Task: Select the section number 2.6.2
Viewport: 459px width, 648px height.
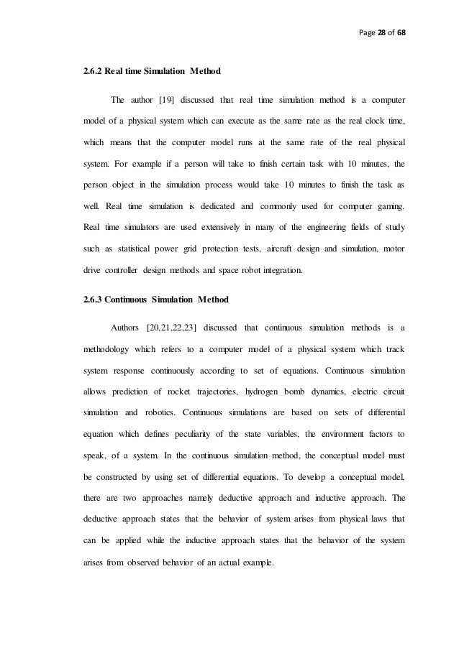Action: (x=94, y=72)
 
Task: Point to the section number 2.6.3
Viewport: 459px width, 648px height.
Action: (x=94, y=301)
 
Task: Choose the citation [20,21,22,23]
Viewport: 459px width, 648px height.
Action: (x=170, y=328)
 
